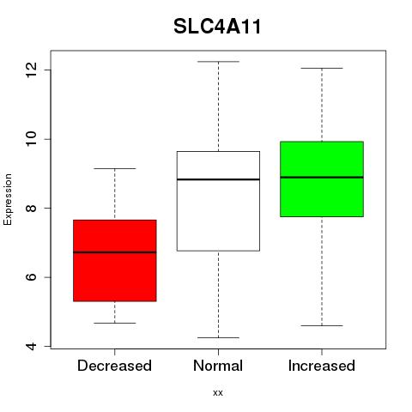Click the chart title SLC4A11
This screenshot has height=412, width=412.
point(217,27)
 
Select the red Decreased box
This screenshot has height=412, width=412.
point(115,261)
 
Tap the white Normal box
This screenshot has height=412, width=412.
point(218,201)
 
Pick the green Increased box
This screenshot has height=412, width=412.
point(322,179)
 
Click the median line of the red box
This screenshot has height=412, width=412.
point(115,252)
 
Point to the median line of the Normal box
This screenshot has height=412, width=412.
point(218,179)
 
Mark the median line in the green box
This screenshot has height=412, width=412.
point(322,177)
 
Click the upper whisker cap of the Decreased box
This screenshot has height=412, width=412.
point(115,168)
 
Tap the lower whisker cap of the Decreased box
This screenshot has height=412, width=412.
point(115,323)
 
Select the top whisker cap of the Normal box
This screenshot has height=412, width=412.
point(218,62)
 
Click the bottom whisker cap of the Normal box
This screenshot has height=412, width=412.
point(218,337)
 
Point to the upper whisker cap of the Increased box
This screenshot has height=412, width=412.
point(322,68)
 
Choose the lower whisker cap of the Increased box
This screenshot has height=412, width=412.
point(322,325)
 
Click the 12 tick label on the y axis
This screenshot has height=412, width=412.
point(31,70)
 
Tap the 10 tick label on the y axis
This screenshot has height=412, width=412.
point(31,139)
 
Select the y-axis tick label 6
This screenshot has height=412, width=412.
point(31,277)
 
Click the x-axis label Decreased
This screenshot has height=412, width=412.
point(114,366)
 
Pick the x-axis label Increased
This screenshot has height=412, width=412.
point(322,366)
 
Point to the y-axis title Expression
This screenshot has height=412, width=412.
point(8,199)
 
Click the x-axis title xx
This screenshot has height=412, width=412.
point(218,393)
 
